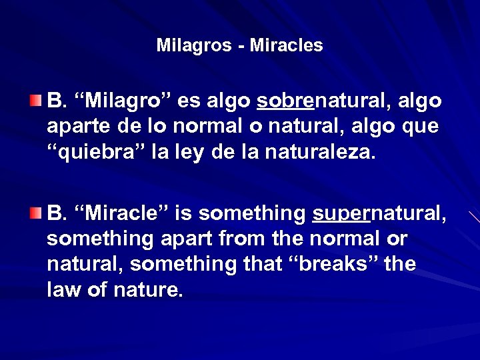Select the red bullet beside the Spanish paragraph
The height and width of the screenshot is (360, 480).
coord(35,101)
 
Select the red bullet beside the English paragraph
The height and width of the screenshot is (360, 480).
coord(35,213)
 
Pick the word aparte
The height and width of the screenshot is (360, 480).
coord(76,127)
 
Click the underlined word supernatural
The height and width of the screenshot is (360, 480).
coord(379,214)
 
